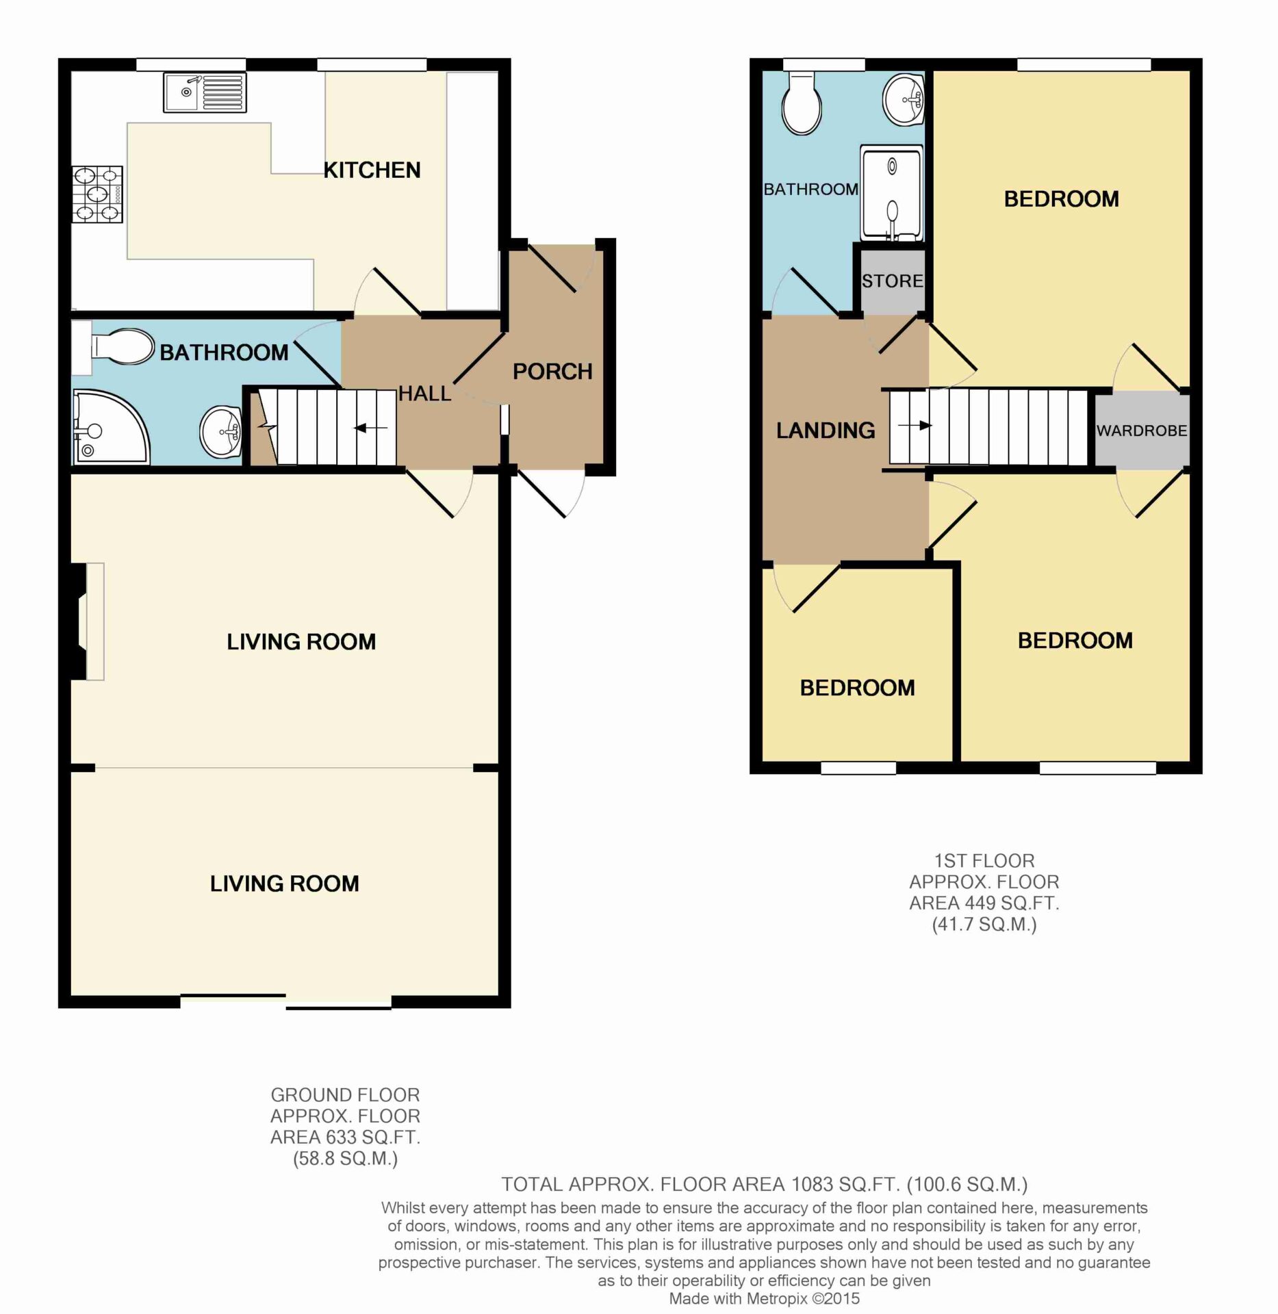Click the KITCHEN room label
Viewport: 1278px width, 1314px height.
(x=372, y=170)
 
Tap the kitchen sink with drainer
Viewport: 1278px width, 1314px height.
(x=205, y=92)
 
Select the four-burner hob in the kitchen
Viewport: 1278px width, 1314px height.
(x=97, y=194)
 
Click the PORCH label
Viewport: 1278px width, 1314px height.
(x=552, y=372)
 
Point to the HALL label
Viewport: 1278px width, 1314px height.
(x=424, y=394)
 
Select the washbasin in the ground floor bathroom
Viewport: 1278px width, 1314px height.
(x=220, y=432)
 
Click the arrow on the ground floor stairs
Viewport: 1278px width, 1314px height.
(x=370, y=428)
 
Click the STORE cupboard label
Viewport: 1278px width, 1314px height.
(x=893, y=281)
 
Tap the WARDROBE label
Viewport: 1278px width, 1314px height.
(x=1142, y=430)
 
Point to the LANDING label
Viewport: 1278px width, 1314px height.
(x=826, y=430)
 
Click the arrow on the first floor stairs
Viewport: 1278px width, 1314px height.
(x=915, y=426)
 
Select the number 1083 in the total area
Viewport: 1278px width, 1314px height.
(x=813, y=1184)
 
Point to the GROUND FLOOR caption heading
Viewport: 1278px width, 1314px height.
(x=345, y=1095)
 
